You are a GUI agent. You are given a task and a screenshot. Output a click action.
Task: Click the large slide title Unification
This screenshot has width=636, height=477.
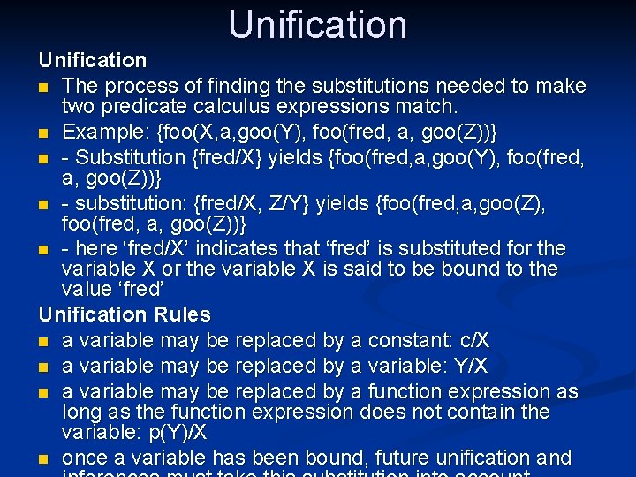tap(317, 25)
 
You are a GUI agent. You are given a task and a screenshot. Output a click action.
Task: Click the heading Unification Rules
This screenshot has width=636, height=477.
tap(125, 314)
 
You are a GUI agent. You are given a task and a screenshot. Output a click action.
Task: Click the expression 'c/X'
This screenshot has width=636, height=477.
tap(473, 340)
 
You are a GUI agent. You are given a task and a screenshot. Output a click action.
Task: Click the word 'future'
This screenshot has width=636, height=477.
tap(405, 458)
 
